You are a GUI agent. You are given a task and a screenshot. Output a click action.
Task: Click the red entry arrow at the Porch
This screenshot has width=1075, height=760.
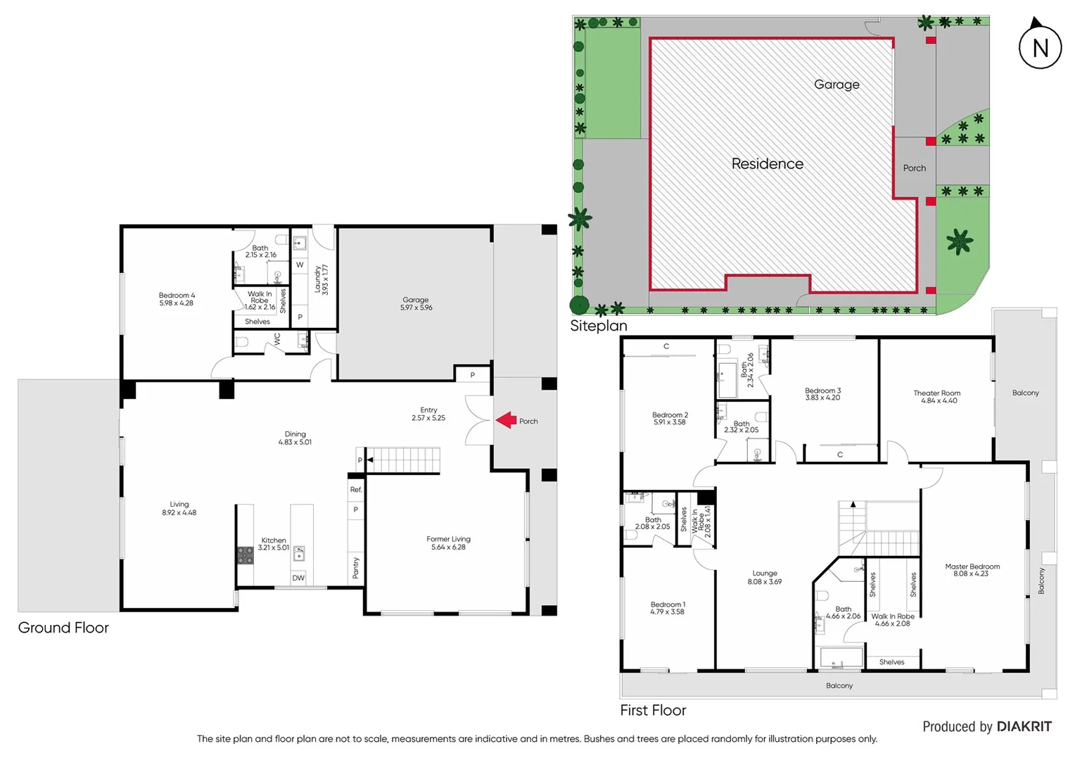tap(506, 420)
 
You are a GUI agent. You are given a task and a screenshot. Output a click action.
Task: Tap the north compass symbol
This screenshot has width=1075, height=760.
tap(1040, 46)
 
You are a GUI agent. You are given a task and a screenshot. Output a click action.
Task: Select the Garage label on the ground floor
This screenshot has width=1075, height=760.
tap(416, 303)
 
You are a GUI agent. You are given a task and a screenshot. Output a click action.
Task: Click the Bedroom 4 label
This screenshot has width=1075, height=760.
tap(177, 299)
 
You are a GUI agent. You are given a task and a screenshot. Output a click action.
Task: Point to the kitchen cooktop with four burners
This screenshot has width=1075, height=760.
tap(245, 555)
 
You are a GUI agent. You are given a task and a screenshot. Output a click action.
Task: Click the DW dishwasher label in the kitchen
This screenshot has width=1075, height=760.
tap(298, 578)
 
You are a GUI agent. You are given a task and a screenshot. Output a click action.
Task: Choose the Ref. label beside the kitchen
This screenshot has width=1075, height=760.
tap(356, 489)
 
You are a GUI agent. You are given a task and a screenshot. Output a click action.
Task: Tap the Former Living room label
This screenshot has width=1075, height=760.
tap(448, 543)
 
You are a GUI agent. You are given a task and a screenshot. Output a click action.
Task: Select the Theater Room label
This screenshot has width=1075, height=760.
tap(936, 397)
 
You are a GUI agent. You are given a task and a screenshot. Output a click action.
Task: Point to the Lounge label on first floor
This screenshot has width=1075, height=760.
tap(765, 577)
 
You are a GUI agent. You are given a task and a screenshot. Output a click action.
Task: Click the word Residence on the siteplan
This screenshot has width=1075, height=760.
tap(767, 164)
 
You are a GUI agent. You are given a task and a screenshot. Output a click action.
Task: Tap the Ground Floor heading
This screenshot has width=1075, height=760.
tap(63, 628)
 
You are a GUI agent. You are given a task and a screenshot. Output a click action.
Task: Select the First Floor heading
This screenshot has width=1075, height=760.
tap(653, 711)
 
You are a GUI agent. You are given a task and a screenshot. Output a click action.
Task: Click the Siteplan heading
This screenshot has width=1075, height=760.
tap(598, 326)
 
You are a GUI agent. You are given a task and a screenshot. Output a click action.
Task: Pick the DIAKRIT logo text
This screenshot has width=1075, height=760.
tap(1024, 727)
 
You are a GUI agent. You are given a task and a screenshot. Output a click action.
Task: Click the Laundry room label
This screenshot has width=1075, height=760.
tap(321, 279)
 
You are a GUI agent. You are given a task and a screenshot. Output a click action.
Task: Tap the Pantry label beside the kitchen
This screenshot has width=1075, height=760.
tap(356, 567)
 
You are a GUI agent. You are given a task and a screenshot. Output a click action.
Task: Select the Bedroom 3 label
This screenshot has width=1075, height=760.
tap(822, 394)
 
